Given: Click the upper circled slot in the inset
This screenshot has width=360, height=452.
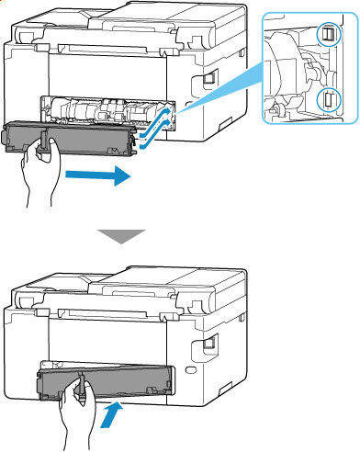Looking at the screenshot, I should [326, 34].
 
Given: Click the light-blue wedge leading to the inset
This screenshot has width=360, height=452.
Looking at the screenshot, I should [220, 83].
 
